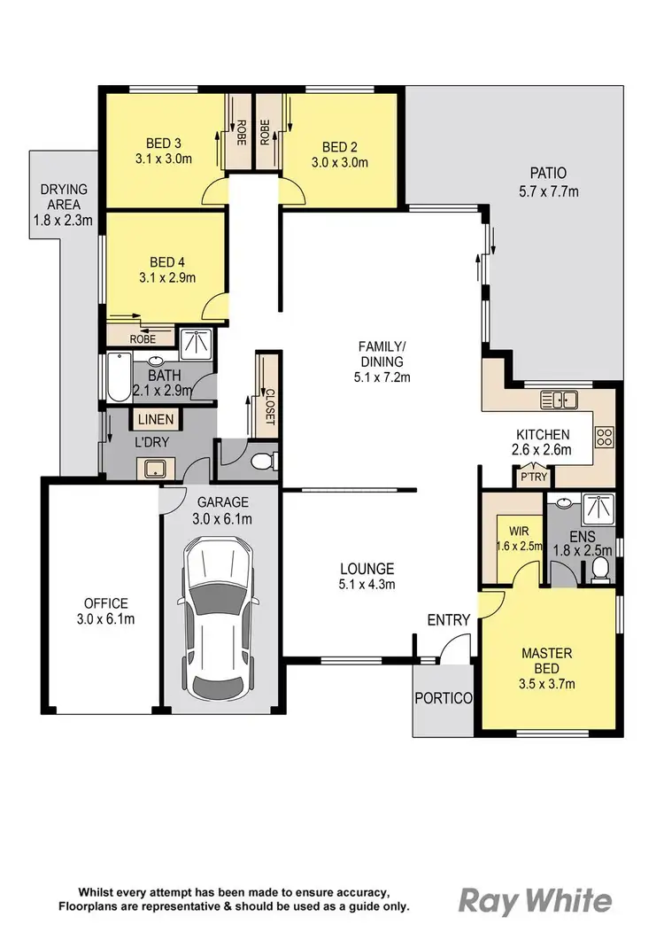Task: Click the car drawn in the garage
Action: click(x=217, y=619)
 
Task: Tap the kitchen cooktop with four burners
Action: click(x=606, y=437)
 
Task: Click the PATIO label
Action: click(x=548, y=173)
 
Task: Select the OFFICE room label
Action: click(x=105, y=603)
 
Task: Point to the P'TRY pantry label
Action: click(x=533, y=478)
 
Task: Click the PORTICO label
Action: click(x=444, y=697)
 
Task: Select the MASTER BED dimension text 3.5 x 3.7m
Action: click(x=546, y=683)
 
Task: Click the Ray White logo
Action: click(x=535, y=900)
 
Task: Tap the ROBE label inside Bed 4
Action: click(x=143, y=338)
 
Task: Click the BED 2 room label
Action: click(x=339, y=147)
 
